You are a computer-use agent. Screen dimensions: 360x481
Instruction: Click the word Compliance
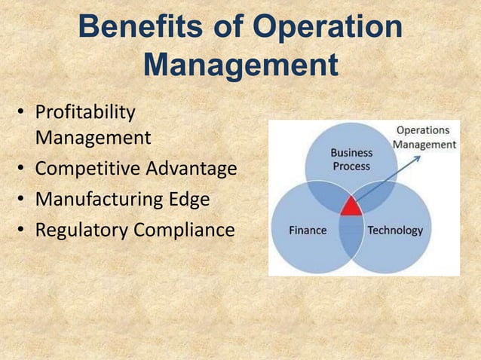(x=185, y=230)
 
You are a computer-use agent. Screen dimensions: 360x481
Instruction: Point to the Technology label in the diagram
(x=395, y=230)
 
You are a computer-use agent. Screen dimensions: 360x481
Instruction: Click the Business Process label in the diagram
(x=351, y=159)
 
